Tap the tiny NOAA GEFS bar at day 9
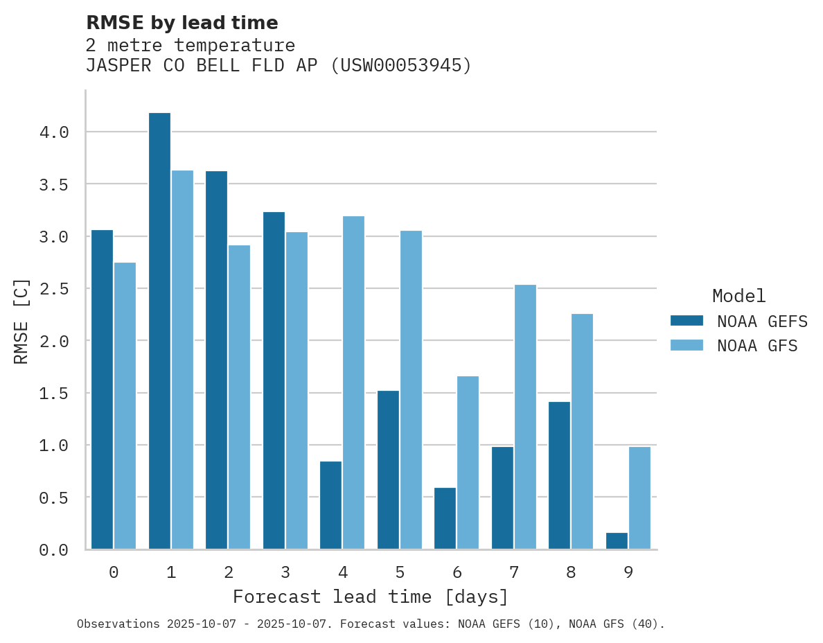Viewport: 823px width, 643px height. tap(617, 541)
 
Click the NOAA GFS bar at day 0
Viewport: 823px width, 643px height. tap(125, 406)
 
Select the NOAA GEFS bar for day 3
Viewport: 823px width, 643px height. tap(274, 380)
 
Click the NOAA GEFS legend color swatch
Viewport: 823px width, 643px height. tap(687, 321)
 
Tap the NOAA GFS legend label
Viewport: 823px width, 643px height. tap(757, 346)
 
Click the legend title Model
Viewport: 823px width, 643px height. tap(738, 297)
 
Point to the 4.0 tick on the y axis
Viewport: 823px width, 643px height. tap(54, 132)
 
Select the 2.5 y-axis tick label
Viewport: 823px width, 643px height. tap(54, 288)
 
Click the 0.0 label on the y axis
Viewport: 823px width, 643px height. tap(54, 550)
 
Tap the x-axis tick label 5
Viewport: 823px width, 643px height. tap(400, 572)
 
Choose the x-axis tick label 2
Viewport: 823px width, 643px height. tap(228, 572)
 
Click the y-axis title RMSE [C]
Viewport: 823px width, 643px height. tap(21, 321)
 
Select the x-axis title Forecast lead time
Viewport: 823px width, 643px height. tap(371, 597)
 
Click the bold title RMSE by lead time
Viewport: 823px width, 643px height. tap(182, 23)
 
